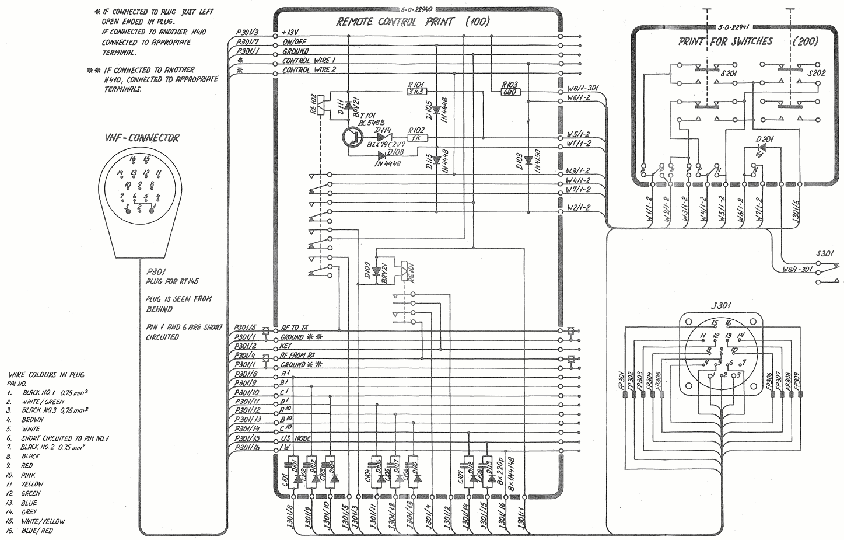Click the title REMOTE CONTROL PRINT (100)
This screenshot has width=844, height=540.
413,22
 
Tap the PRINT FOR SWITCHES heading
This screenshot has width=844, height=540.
725,41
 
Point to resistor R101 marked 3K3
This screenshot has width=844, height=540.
416,91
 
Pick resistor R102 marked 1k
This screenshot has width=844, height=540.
416,138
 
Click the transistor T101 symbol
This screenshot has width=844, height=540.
352,137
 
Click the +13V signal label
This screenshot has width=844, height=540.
290,33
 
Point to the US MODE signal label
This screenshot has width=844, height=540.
296,438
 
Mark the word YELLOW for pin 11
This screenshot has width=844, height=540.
32,484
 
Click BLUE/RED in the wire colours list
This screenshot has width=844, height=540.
37,531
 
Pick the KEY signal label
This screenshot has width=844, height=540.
286,346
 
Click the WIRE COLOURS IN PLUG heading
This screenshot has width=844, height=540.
42,375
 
